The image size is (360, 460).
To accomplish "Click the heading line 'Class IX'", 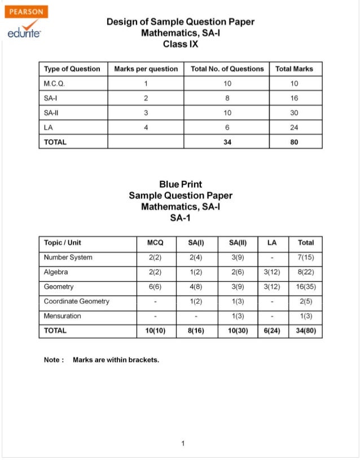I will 180,43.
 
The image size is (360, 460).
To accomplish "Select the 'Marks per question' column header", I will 146,69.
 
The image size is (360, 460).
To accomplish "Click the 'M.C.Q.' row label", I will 56,83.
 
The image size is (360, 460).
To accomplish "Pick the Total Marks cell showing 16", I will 294,98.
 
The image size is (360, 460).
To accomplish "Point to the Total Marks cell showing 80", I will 294,142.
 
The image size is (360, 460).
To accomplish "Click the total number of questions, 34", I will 227,142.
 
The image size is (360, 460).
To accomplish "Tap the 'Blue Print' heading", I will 180,184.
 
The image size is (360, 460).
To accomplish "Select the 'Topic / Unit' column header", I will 63,242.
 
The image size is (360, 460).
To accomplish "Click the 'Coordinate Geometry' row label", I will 77,301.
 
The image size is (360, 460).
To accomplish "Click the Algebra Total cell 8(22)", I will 305,272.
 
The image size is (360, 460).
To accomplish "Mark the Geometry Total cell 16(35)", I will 305,286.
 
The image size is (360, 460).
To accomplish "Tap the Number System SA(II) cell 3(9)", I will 238,257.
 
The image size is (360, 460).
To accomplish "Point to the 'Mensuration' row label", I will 62,316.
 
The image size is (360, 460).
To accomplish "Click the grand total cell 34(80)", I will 305,330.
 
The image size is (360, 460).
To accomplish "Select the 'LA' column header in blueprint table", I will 272,242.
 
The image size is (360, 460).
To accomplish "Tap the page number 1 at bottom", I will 183,443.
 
